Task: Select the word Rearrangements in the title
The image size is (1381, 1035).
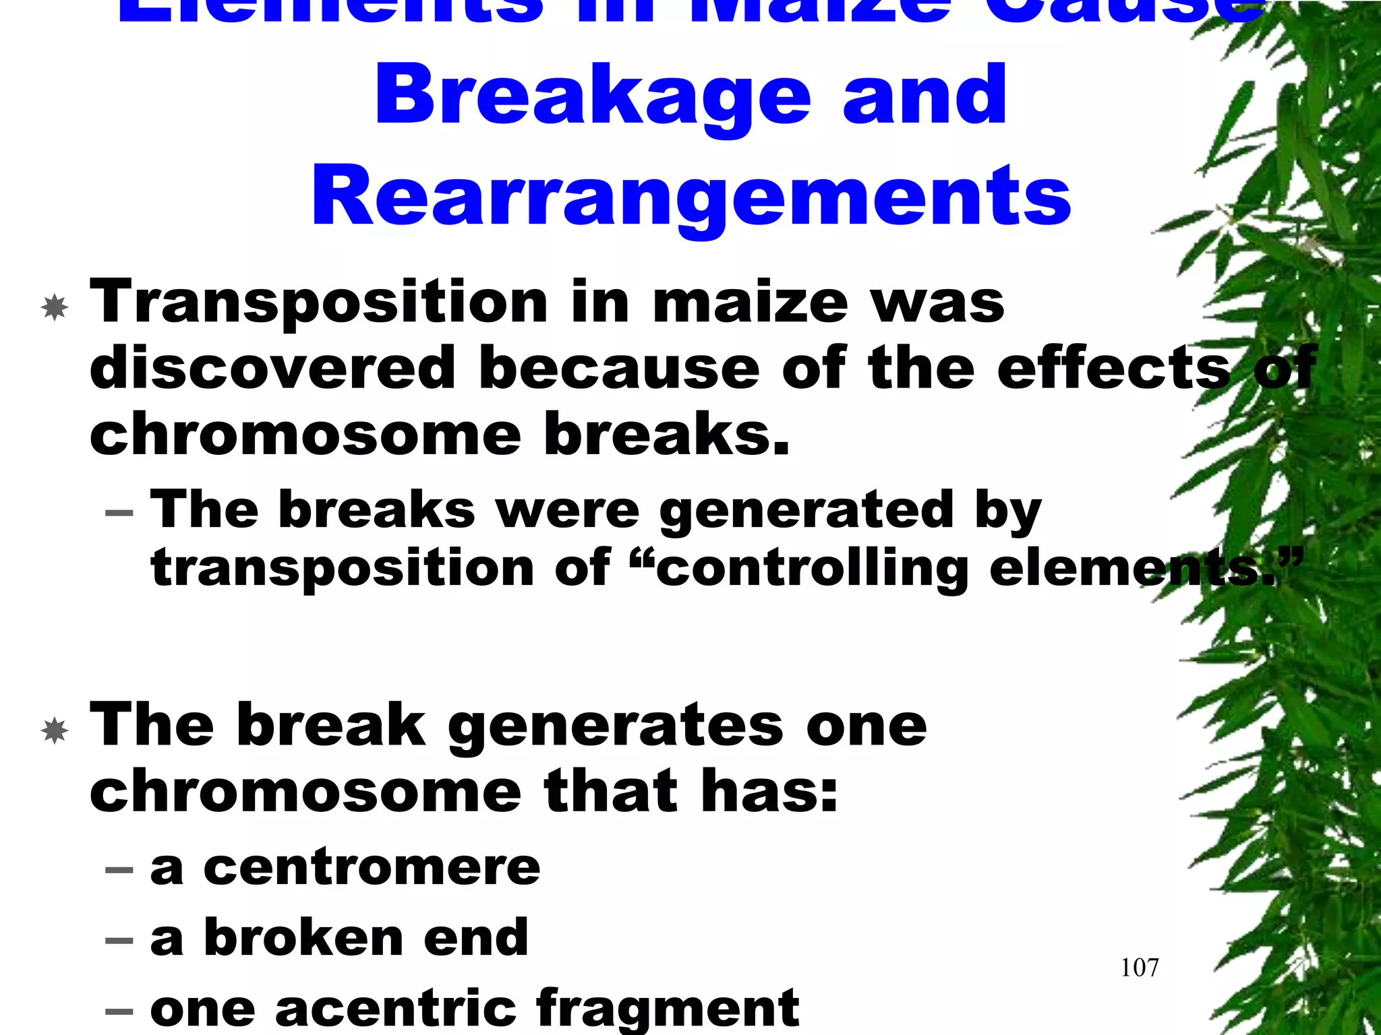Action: (690, 197)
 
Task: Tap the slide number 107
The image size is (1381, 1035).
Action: (1139, 968)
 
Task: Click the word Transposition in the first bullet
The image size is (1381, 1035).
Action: (318, 303)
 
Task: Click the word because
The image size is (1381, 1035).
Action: (618, 368)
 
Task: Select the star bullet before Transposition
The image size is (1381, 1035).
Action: (55, 308)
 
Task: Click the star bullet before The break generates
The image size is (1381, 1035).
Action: (55, 731)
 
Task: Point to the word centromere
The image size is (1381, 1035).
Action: (372, 867)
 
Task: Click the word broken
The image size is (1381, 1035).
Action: (302, 937)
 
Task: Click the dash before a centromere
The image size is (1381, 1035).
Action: (119, 870)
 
